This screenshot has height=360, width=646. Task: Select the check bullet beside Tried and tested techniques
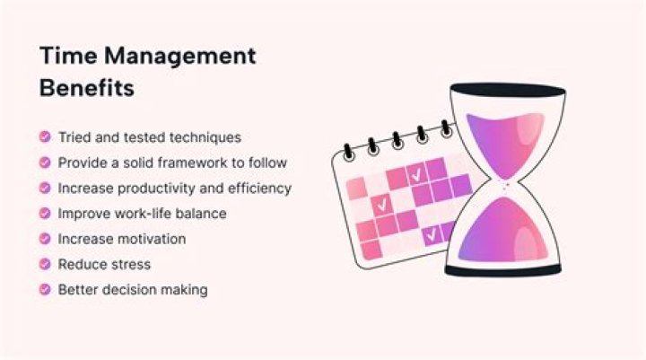pos(44,137)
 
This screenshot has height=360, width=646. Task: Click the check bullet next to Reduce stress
pos(44,265)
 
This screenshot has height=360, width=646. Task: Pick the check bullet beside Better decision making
pos(44,290)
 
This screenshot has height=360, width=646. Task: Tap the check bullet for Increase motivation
pos(44,240)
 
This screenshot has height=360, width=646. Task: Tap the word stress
pos(131,265)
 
